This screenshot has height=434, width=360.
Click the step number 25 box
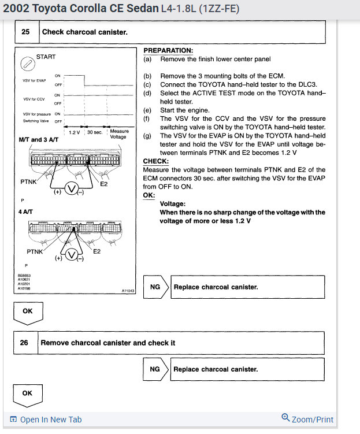pos(25,32)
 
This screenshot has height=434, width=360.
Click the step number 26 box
pos(24,343)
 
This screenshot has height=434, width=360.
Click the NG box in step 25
pos(155,287)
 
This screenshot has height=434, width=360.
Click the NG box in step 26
pos(155,369)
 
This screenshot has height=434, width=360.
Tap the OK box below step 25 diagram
pos(28,311)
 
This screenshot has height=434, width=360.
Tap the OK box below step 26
pos(27,393)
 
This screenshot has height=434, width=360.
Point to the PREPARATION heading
pos(168,51)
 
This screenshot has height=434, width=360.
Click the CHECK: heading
pos(155,161)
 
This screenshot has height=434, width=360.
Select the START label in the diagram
pos(46,57)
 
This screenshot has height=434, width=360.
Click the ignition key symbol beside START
pos(25,63)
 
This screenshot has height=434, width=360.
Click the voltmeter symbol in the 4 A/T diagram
pos(72,255)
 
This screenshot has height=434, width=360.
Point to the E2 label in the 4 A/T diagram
pos(97,251)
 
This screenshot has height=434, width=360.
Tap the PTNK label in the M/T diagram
pos(29,182)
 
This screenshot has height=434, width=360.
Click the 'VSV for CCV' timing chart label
pos(34,99)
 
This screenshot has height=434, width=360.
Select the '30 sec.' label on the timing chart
pos(94,132)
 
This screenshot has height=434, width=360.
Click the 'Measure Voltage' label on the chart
pos(119,134)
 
